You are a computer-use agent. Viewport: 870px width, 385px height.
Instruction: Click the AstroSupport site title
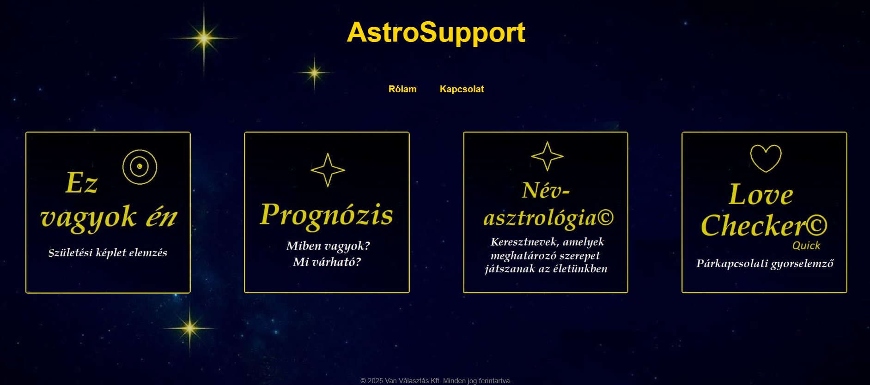436,32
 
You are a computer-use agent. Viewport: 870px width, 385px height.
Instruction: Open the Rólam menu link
402,89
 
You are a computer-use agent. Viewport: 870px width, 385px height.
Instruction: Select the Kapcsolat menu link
462,89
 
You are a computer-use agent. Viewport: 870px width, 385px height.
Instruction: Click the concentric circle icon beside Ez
140,167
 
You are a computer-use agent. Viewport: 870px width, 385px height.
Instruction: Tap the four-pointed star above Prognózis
328,170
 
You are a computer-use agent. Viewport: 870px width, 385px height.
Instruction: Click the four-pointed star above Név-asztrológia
547,156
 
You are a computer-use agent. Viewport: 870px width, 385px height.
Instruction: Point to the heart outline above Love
766,158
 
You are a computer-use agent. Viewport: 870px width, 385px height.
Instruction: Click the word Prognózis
326,215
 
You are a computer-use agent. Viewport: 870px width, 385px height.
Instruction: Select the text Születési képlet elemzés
108,253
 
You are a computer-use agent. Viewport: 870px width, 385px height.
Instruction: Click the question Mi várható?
327,262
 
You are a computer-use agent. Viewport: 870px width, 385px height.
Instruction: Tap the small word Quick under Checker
806,246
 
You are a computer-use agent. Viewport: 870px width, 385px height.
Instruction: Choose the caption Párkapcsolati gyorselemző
765,264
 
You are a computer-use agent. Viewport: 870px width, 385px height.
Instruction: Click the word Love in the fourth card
760,194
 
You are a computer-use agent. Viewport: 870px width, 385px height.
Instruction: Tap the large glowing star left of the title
204,38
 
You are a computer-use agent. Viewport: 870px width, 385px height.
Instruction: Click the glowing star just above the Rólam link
315,72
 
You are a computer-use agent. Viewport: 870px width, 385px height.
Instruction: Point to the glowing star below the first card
189,328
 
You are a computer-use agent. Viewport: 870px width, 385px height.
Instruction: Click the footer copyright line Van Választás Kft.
436,381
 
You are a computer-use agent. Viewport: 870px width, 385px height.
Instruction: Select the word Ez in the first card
81,183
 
